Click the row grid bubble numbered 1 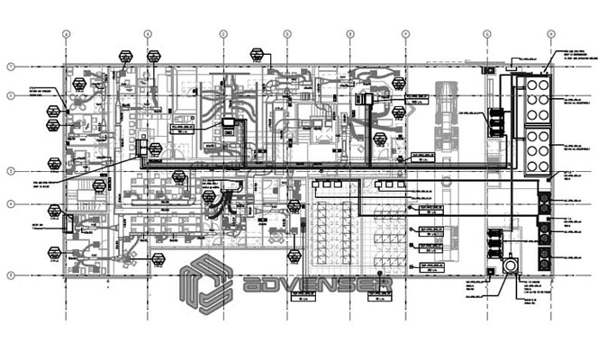coord(12,67)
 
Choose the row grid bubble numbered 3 coord(12,170)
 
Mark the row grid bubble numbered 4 coord(12,204)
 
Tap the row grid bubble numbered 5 coord(12,274)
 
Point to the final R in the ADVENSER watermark coord(383,285)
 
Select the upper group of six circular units coord(539,96)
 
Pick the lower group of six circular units coord(539,149)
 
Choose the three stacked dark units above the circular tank coord(495,242)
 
